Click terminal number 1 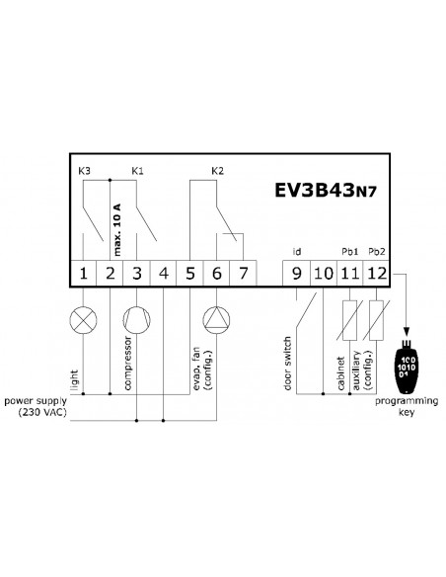click(84, 274)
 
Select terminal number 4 click(164, 274)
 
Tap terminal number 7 click(243, 274)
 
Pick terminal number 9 click(296, 274)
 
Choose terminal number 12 click(377, 274)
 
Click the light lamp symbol click(84, 320)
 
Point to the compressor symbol click(137, 320)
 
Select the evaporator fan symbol click(216, 320)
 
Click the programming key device click(406, 366)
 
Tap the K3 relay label click(84, 171)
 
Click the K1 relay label click(137, 171)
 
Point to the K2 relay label click(217, 171)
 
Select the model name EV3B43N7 click(326, 190)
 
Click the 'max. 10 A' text click(116, 229)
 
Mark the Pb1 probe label click(349, 252)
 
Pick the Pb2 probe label click(377, 252)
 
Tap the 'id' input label click(297, 252)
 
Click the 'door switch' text click(288, 363)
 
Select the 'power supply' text click(36, 401)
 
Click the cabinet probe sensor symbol click(349, 320)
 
